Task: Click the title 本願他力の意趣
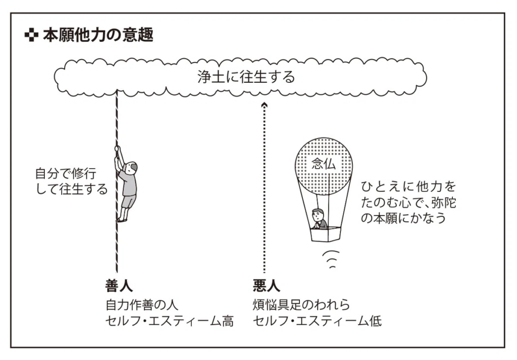point(98,36)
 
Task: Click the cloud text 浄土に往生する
point(246,77)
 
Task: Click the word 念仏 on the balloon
point(323,165)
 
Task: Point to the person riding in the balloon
point(319,219)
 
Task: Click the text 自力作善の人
point(142,305)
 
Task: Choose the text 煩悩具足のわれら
point(301,305)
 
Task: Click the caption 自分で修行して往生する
point(71,182)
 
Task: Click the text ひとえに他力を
point(408,186)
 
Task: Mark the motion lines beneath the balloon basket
point(330,259)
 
